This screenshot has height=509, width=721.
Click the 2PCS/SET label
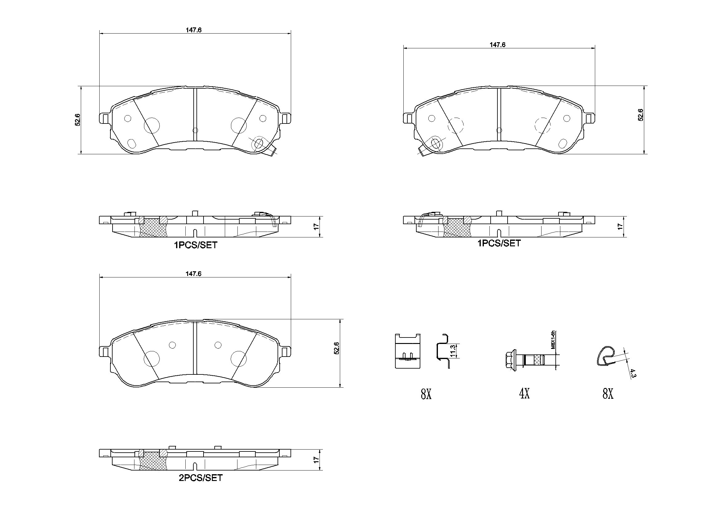pyautogui.click(x=200, y=478)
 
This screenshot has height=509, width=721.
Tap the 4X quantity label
pyautogui.click(x=524, y=394)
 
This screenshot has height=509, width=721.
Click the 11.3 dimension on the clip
pyautogui.click(x=452, y=351)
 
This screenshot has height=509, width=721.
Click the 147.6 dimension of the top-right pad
pyautogui.click(x=497, y=45)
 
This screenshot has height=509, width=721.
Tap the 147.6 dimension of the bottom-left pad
pyautogui.click(x=193, y=274)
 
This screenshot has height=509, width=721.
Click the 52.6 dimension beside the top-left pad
pyautogui.click(x=78, y=120)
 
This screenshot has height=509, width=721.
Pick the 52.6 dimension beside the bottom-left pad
pyautogui.click(x=336, y=348)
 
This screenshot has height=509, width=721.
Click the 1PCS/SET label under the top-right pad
pyautogui.click(x=499, y=243)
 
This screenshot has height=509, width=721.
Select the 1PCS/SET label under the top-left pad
pyautogui.click(x=196, y=245)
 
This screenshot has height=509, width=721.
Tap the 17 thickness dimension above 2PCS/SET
pyautogui.click(x=316, y=460)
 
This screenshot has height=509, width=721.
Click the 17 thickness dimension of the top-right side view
pyautogui.click(x=620, y=226)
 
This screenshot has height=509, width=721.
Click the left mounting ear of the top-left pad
pyautogui.click(x=104, y=119)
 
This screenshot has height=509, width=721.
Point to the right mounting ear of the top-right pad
pyautogui.click(x=590, y=118)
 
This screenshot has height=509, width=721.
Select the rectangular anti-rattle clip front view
pyautogui.click(x=407, y=351)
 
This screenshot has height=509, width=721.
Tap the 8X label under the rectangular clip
pyautogui.click(x=426, y=394)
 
